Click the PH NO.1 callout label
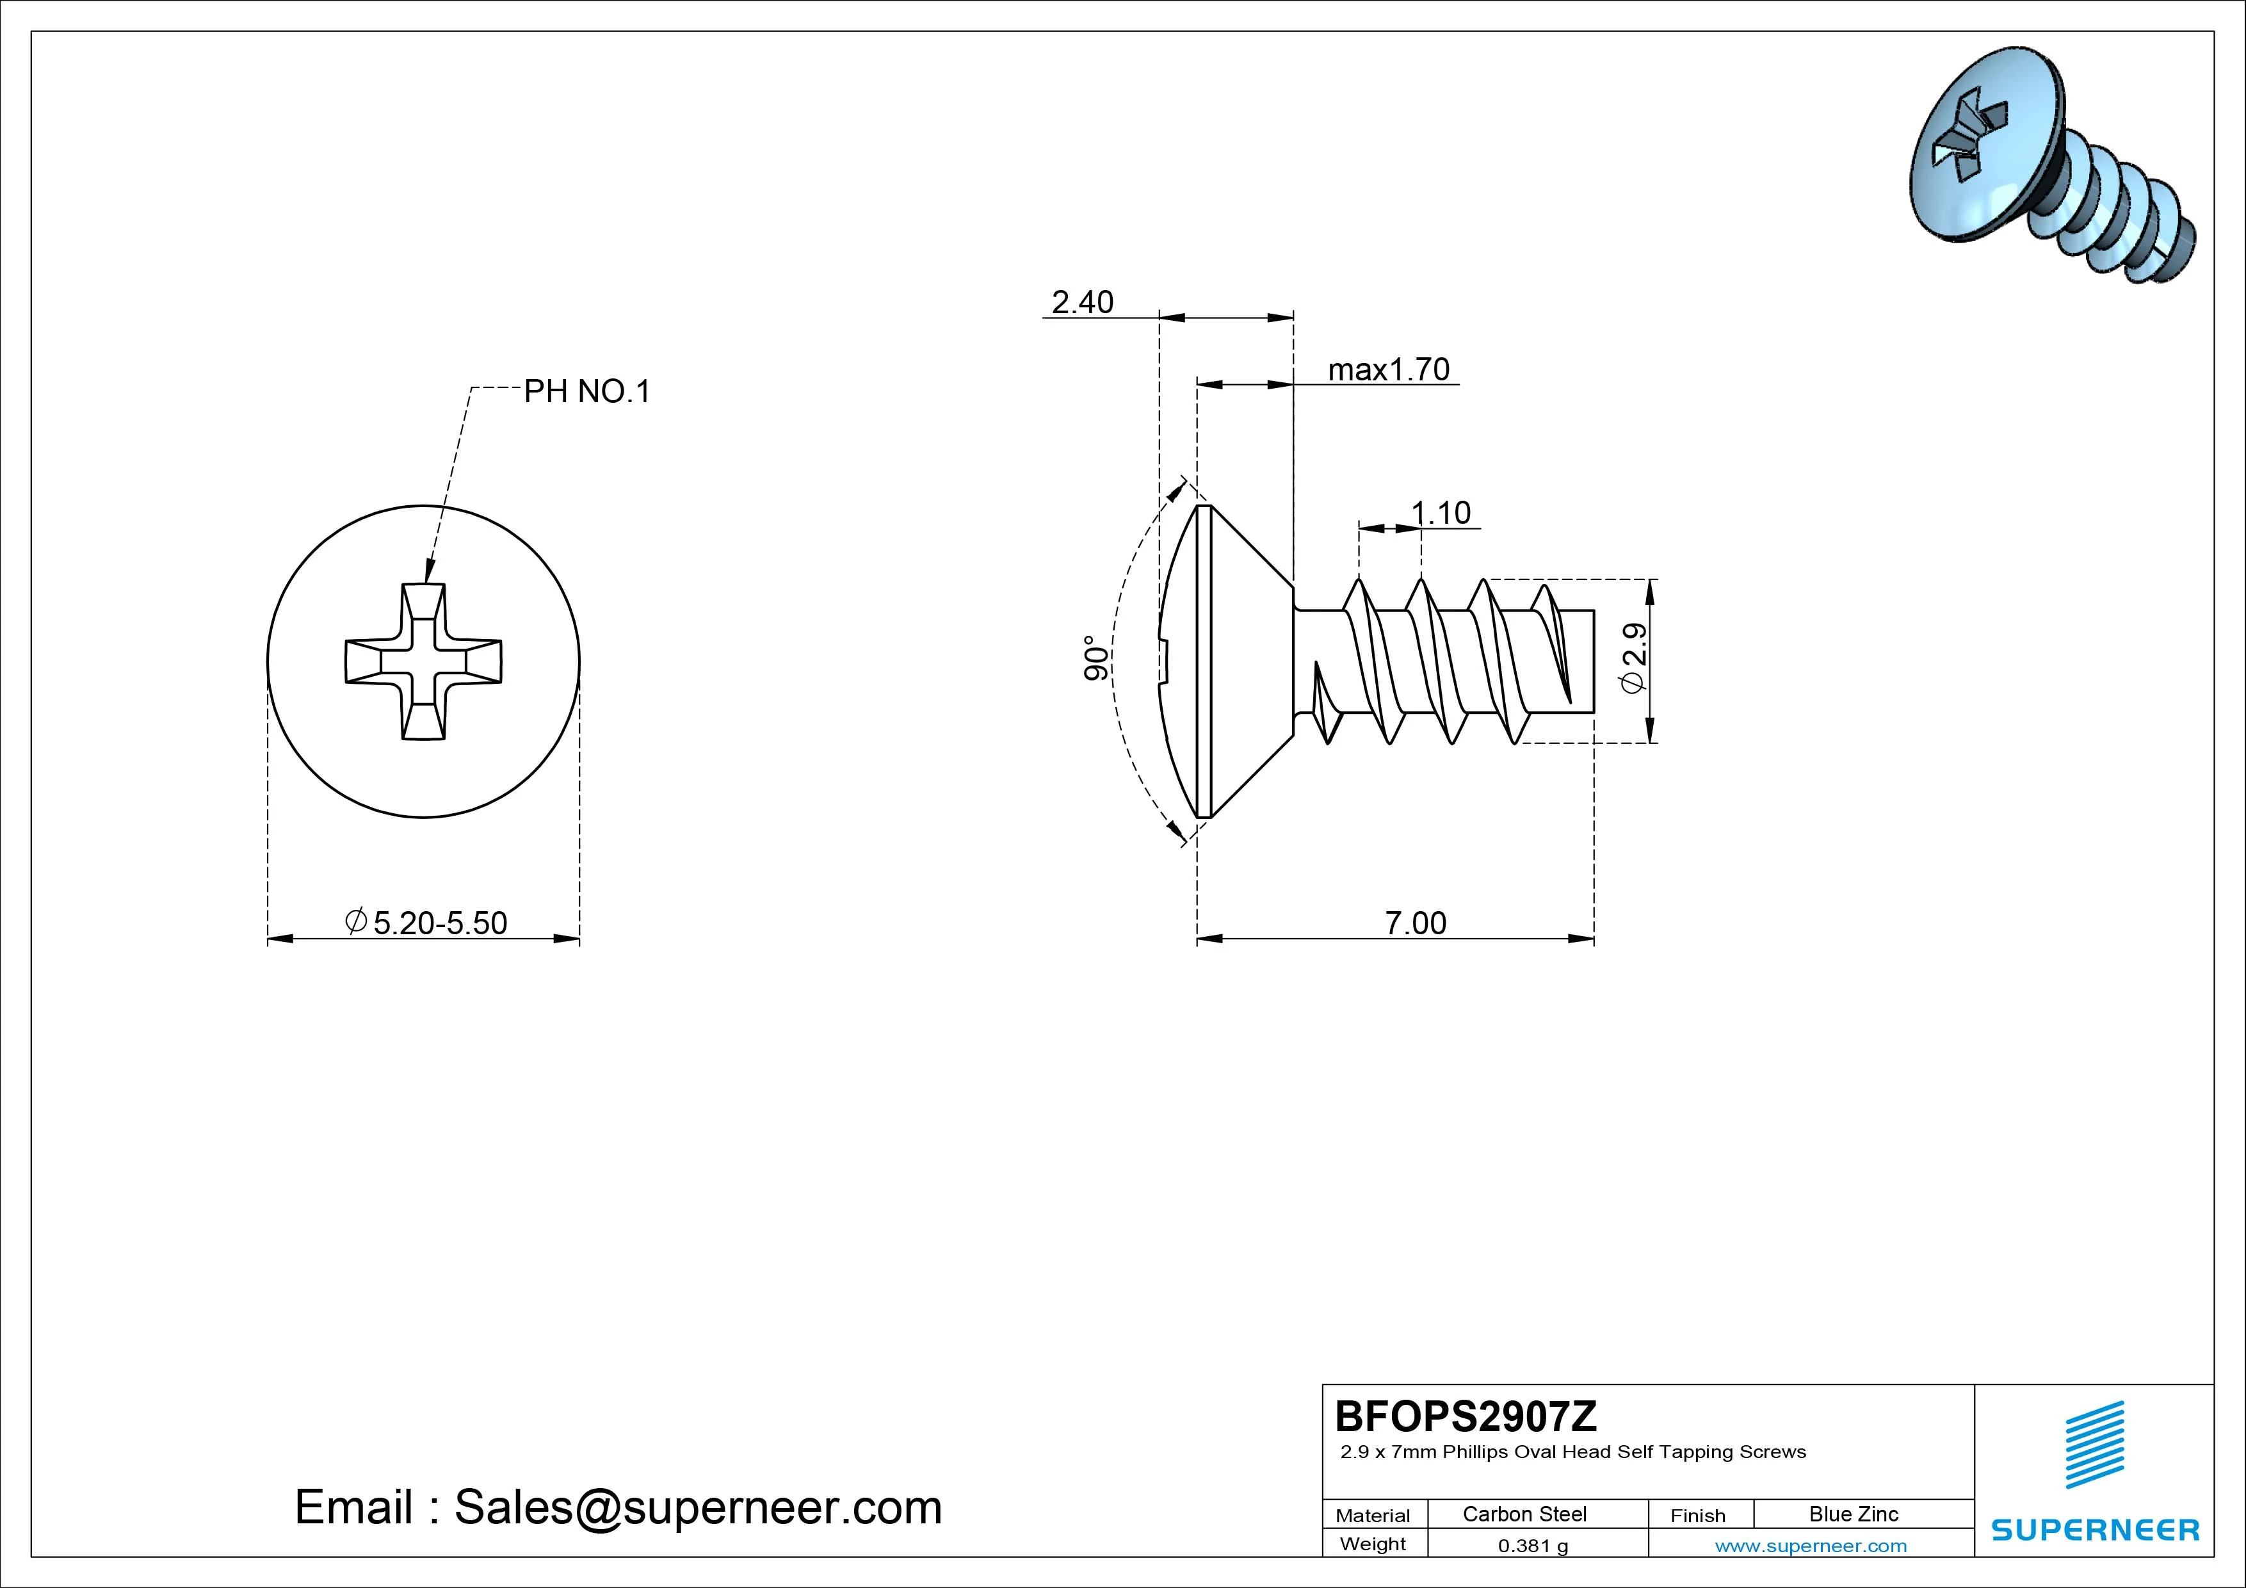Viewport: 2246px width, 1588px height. pyautogui.click(x=587, y=391)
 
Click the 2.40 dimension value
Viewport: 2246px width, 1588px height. pyautogui.click(x=1082, y=302)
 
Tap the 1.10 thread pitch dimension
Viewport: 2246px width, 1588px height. pyautogui.click(x=1441, y=513)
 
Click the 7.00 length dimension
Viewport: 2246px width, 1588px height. pyautogui.click(x=1416, y=923)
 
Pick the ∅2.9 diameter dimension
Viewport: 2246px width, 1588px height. pyautogui.click(x=1634, y=658)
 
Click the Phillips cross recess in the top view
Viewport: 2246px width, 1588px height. pyautogui.click(x=424, y=661)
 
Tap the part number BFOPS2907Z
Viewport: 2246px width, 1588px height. pyautogui.click(x=1466, y=1416)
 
